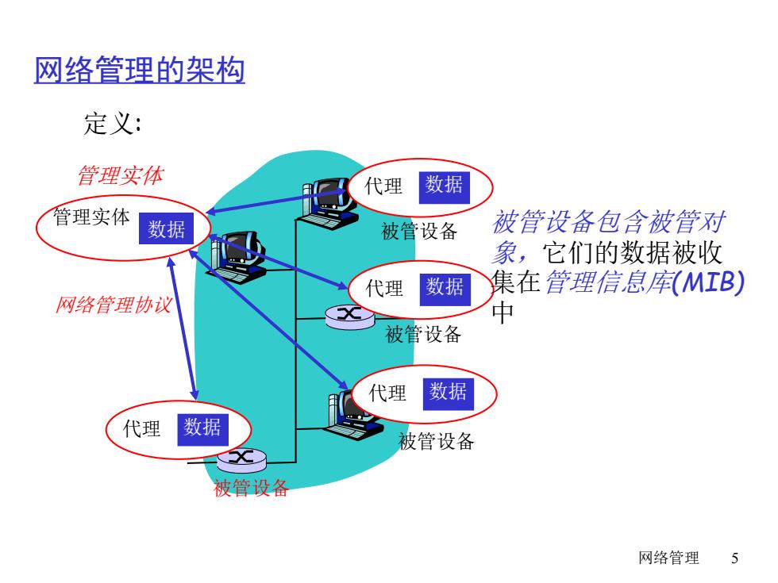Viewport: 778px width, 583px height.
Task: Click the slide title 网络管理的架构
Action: (140, 69)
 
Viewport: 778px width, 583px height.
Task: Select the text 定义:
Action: (113, 123)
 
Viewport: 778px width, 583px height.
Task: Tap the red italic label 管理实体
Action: (121, 175)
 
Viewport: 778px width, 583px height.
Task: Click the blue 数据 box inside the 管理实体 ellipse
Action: (166, 228)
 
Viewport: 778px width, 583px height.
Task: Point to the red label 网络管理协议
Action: (114, 305)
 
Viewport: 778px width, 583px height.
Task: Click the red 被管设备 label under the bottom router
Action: (251, 488)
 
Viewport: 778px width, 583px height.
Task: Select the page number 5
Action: (735, 558)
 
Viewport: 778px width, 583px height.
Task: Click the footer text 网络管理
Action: (668, 558)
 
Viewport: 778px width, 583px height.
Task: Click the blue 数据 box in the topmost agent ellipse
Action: (444, 187)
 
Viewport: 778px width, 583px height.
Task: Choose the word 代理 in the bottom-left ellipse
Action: (142, 428)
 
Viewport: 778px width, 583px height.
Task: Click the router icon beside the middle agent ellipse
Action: (350, 317)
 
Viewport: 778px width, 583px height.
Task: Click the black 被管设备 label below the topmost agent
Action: (419, 231)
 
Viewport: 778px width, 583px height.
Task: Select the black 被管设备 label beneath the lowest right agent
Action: (436, 441)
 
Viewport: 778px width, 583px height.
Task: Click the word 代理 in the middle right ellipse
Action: (384, 289)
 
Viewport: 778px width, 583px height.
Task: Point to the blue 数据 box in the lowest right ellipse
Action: (448, 394)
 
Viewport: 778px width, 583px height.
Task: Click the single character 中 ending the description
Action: (502, 313)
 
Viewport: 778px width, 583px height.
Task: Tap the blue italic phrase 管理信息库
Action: (609, 282)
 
